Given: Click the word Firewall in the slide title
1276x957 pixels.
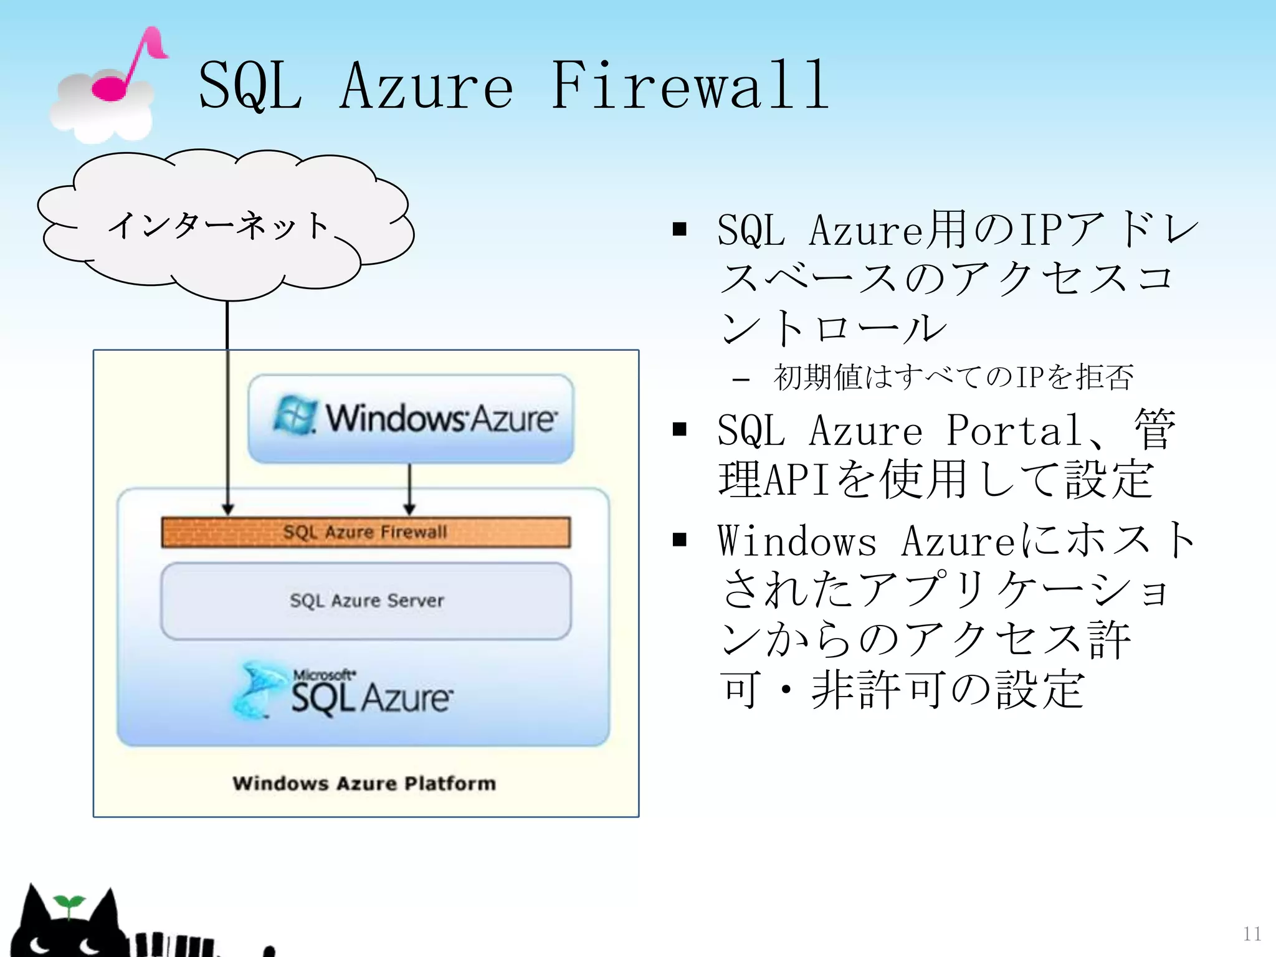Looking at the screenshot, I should (690, 86).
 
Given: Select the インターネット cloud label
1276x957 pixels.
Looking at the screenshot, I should (218, 226).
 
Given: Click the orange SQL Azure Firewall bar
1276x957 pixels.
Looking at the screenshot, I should (366, 532).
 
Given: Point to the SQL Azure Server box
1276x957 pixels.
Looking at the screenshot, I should (366, 601).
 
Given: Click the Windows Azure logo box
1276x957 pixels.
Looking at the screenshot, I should (411, 418).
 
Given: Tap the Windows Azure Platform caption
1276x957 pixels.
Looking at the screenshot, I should (364, 783).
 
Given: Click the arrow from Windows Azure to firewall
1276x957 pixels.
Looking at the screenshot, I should (409, 490).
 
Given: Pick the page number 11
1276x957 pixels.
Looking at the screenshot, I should (1252, 933).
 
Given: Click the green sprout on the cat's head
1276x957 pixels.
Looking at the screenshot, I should (69, 905).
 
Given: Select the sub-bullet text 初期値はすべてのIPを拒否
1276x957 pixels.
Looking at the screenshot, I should (953, 378).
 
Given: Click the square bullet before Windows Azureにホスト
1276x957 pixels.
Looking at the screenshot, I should (680, 540).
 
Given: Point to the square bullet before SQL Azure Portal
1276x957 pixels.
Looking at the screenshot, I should (680, 429).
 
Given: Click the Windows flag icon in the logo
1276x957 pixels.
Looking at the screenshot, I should (294, 416).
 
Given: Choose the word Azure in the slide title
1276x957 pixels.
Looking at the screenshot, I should (427, 86).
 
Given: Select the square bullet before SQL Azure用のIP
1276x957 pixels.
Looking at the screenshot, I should (680, 229).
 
